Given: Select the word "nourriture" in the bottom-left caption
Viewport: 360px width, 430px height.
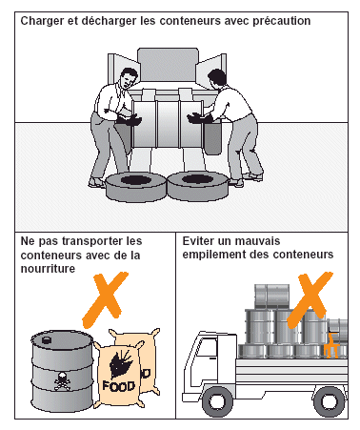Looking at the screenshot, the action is (48, 269).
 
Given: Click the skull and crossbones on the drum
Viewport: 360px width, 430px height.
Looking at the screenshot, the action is (62, 380).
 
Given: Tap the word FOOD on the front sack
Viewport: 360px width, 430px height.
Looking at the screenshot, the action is (119, 386).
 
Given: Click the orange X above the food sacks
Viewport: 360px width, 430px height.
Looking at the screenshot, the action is (105, 299).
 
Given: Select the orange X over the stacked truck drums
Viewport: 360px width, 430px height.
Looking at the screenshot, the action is (310, 299).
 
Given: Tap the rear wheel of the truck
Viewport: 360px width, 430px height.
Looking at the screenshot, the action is (329, 401).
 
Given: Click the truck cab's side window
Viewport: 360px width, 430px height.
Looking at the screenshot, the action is (208, 348).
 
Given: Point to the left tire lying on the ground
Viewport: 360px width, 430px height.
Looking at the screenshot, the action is (136, 187).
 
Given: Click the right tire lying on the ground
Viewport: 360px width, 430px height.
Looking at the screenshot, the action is (197, 186).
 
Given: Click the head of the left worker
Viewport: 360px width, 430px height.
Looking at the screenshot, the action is (129, 78).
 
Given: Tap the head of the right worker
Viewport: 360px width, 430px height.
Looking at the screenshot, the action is (217, 78).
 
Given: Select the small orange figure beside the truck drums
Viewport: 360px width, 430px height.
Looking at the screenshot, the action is (331, 345).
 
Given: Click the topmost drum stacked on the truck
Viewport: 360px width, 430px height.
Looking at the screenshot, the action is (271, 297).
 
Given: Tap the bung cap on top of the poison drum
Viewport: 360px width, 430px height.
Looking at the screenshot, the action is (47, 340).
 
